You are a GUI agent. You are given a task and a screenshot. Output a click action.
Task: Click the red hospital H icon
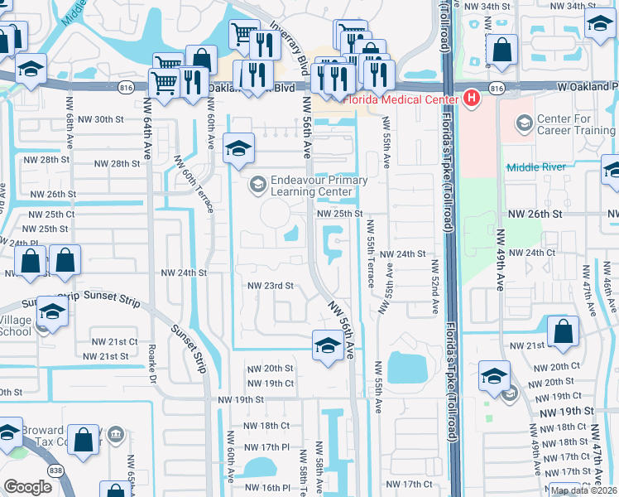tap(472, 100)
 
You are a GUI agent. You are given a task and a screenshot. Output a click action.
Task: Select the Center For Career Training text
tap(575, 124)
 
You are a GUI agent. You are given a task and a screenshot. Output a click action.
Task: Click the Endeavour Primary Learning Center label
tap(312, 186)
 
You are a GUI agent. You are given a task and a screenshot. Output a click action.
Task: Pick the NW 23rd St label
tap(271, 286)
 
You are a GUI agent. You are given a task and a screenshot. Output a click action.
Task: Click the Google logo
tap(27, 486)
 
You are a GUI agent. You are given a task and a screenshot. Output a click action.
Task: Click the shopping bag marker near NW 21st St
tap(563, 331)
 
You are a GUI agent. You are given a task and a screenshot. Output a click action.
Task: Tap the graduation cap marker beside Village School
tap(52, 311)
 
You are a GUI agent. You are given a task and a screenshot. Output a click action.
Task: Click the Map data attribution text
tap(583, 490)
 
